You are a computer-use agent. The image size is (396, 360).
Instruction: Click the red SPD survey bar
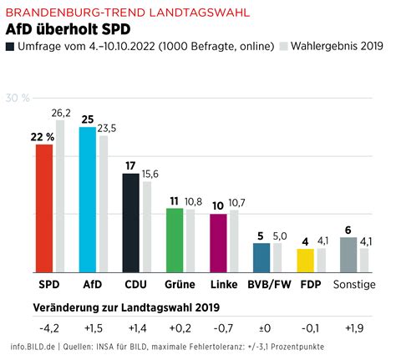(x=44, y=208)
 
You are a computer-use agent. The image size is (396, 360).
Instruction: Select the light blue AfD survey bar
(x=88, y=200)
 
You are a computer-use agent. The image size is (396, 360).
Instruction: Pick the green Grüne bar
(x=175, y=240)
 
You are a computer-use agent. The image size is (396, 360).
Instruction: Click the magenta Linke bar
(x=218, y=243)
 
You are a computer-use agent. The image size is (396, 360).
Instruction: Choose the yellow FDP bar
(x=306, y=261)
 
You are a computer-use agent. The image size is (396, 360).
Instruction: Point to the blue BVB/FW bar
(x=261, y=257)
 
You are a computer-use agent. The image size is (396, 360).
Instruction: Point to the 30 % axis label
(x=18, y=98)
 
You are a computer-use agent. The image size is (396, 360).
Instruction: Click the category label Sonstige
(x=355, y=284)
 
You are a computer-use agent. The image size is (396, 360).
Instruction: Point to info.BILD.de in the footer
(x=33, y=347)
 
